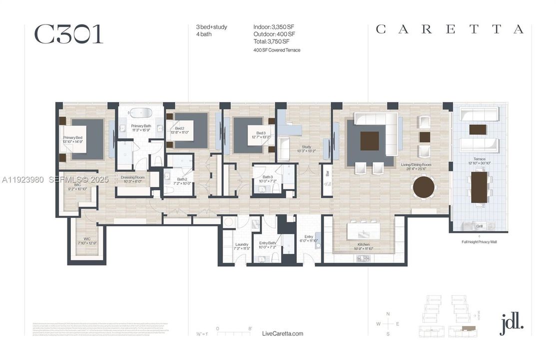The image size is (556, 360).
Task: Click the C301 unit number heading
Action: (68, 34)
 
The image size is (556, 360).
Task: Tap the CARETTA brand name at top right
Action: (449, 29)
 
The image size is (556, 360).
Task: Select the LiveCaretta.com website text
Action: (282, 333)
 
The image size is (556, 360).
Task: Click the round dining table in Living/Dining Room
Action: (424, 187)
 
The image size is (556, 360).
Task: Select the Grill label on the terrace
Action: (479, 226)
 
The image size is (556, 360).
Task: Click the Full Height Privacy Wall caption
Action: (479, 242)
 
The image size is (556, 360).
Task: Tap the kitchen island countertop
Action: (364, 231)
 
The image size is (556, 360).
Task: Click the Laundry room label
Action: (242, 245)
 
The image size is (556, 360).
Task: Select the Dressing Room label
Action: (132, 178)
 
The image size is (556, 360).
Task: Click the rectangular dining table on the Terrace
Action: (480, 186)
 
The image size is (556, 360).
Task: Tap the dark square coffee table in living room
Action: (370, 141)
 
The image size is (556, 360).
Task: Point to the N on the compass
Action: (388, 314)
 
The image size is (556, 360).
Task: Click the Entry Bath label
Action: (267, 245)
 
